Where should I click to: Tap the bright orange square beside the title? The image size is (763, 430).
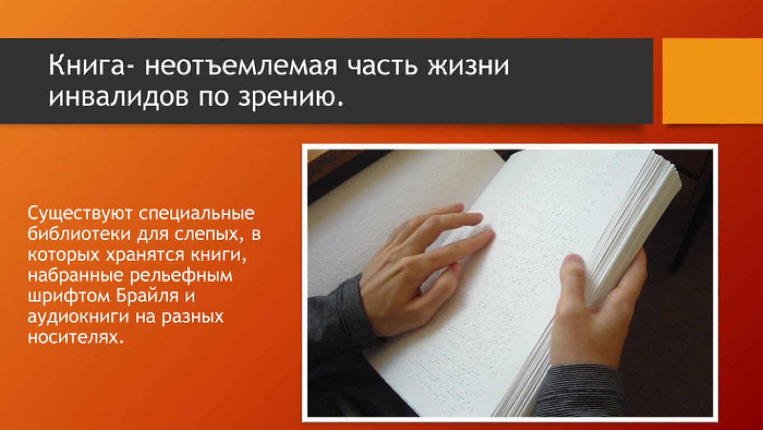coord(713,81)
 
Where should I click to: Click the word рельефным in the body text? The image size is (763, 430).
coord(181,276)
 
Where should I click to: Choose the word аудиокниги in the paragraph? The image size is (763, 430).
coord(78,317)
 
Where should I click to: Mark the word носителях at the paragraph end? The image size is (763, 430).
coord(74,337)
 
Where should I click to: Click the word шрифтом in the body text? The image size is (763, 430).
coord(69,296)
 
